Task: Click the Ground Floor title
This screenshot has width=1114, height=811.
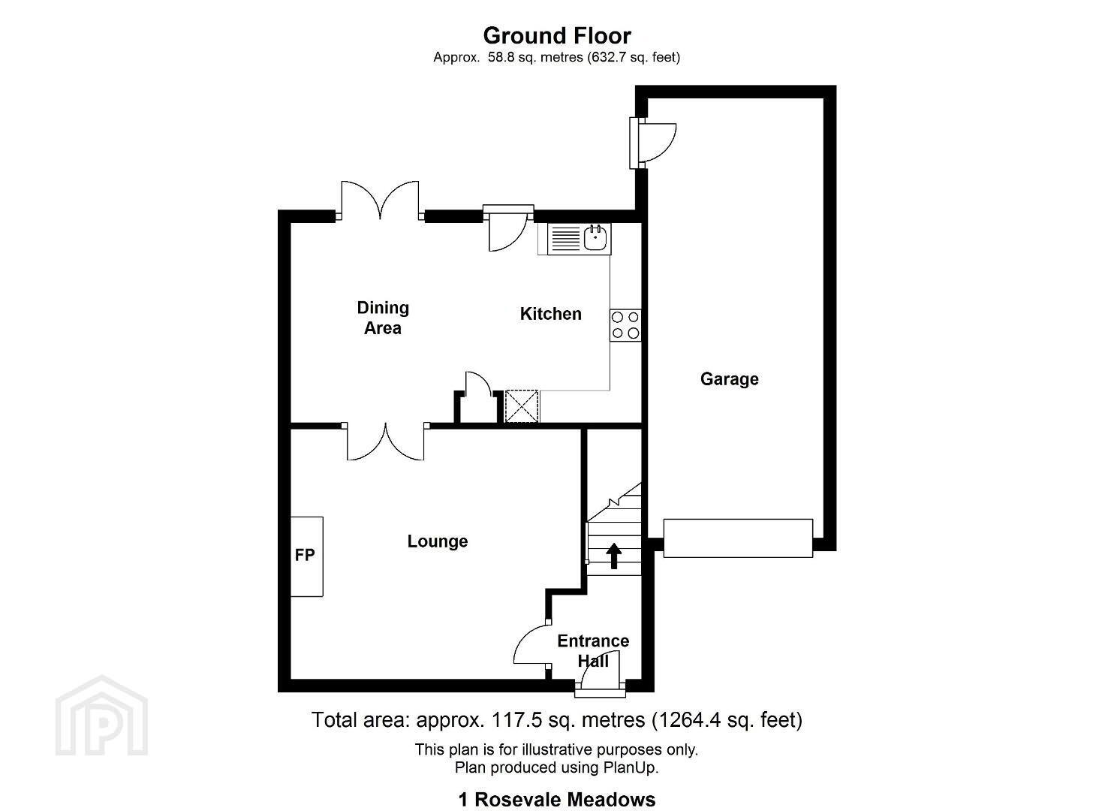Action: [557, 36]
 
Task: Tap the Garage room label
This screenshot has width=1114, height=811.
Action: [729, 379]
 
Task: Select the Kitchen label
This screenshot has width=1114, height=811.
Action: [550, 314]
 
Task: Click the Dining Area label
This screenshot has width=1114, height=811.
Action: [383, 318]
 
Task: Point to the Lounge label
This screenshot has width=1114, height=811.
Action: [438, 541]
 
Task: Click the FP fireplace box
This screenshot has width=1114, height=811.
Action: [307, 556]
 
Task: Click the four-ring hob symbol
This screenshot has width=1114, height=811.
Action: [625, 325]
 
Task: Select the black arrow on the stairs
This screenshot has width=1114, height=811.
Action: [614, 555]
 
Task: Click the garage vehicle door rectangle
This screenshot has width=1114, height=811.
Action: [738, 538]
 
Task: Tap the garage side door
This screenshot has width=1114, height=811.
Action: [652, 143]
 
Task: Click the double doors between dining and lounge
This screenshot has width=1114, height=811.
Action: [385, 441]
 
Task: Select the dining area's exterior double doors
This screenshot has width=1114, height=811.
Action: [380, 200]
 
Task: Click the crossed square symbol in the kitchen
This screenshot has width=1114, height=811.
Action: [522, 406]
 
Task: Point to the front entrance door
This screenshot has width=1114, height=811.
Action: [601, 674]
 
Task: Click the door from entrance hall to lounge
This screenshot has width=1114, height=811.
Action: [532, 645]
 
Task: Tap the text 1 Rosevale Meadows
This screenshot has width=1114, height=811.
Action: [557, 800]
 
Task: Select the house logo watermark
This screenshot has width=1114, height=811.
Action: [101, 715]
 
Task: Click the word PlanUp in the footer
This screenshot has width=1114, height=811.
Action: [629, 767]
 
